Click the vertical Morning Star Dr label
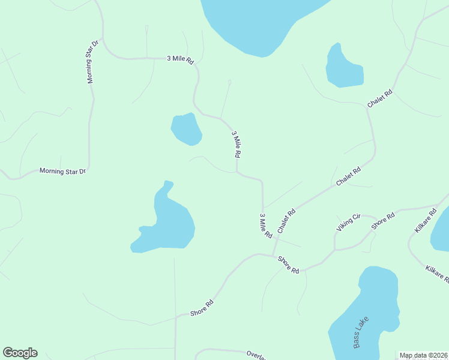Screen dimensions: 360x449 click(92, 62)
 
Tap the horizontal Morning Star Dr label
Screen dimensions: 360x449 click(63, 171)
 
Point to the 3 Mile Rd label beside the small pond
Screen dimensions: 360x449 click(236, 144)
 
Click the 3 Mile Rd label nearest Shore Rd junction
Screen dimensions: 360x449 click(265, 225)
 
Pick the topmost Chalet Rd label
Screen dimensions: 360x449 click(380, 98)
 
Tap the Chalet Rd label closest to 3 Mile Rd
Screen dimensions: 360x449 click(286, 221)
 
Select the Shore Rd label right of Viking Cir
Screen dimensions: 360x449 click(382, 220)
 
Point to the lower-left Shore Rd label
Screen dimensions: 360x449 click(202, 309)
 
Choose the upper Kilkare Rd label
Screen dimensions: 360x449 click(426, 221)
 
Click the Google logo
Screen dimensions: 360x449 click(20, 353)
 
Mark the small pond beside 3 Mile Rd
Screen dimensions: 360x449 click(186, 128)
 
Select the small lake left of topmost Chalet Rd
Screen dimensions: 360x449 click(344, 67)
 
